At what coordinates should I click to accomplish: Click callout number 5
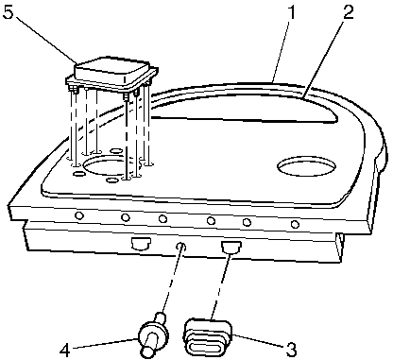(8, 13)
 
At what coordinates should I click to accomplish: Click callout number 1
(292, 13)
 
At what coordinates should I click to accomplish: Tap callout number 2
(348, 13)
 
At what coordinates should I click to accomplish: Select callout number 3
(290, 349)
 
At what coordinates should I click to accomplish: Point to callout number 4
(64, 350)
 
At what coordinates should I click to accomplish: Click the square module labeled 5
(112, 75)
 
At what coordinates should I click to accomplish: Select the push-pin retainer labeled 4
(153, 334)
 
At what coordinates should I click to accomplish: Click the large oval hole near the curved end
(306, 166)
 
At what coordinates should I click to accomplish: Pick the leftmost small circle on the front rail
(79, 215)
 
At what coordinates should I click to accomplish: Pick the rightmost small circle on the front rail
(295, 224)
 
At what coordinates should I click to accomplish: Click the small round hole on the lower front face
(180, 246)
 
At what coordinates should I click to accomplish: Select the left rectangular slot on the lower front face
(141, 243)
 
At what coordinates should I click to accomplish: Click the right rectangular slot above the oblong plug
(231, 247)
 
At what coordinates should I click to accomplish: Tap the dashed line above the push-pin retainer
(171, 280)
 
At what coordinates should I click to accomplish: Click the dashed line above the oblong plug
(221, 285)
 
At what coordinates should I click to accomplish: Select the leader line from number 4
(106, 343)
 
